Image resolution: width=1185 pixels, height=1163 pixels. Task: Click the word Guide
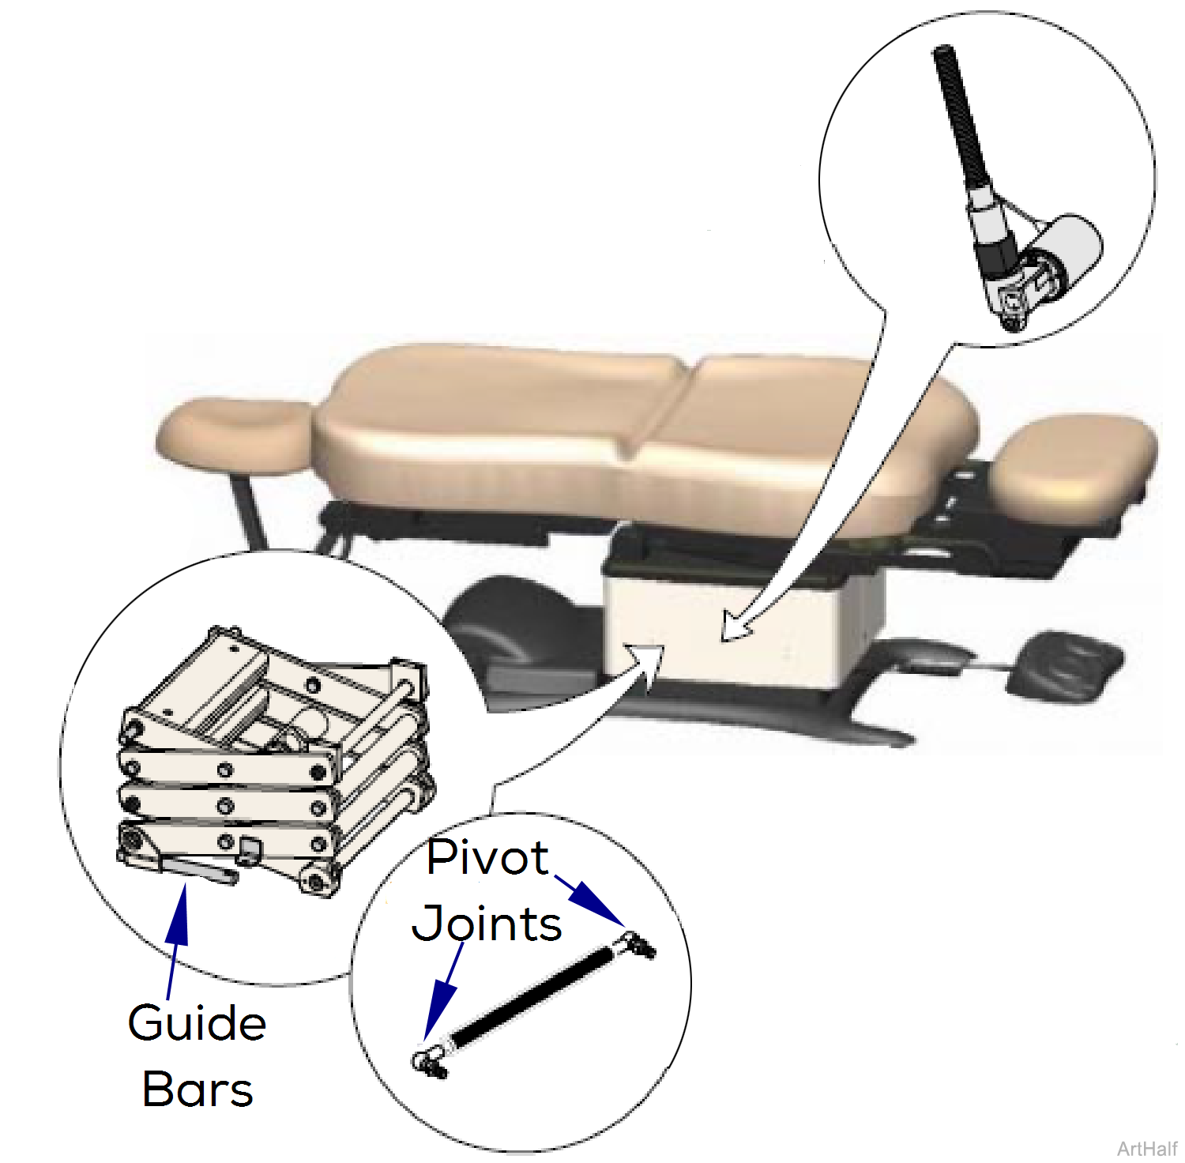click(x=197, y=1025)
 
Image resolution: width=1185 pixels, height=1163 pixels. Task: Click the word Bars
click(x=197, y=1090)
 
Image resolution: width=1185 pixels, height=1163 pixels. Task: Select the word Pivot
click(x=487, y=858)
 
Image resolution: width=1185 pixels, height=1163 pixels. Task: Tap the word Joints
click(x=487, y=924)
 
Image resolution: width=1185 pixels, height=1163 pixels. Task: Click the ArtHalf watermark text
click(x=1147, y=1148)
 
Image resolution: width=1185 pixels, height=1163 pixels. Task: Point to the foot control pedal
click(x=1063, y=664)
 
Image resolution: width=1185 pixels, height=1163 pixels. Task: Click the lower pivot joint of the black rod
click(x=429, y=1060)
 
